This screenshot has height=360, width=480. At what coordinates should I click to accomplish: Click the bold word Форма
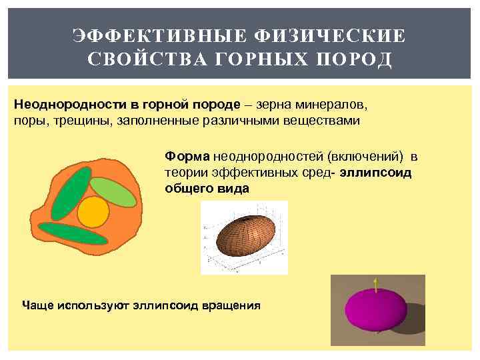pyautogui.click(x=187, y=157)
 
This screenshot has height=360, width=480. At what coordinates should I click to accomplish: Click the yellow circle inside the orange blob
pyautogui.click(x=93, y=211)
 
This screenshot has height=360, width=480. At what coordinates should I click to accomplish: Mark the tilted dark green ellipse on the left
pyautogui.click(x=70, y=193)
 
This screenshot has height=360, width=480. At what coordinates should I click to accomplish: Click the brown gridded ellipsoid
pyautogui.click(x=244, y=237)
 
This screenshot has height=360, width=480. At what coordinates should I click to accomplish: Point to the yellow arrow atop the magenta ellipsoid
pyautogui.click(x=377, y=284)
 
